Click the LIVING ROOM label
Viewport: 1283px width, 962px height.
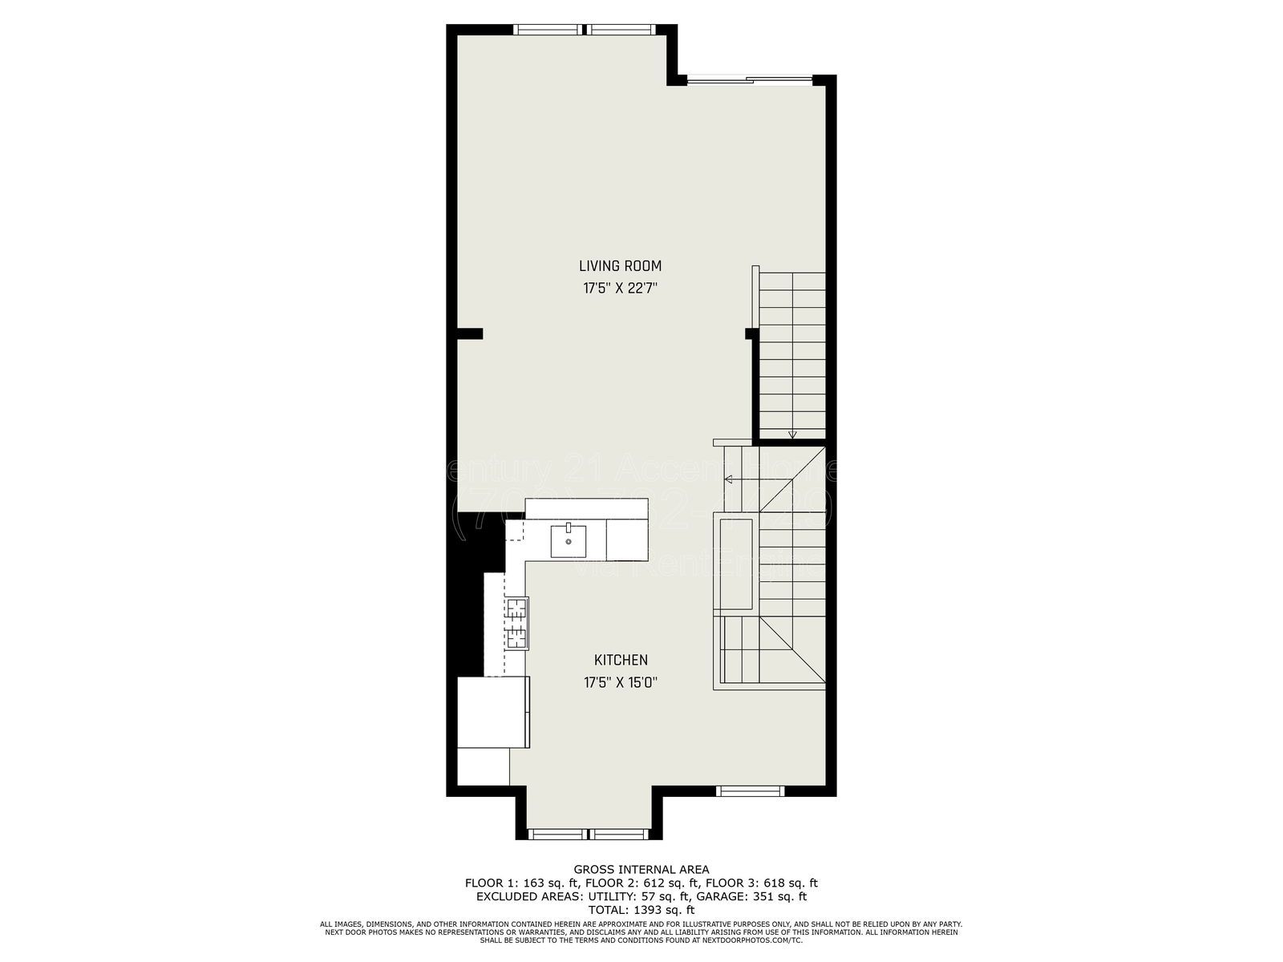pos(620,266)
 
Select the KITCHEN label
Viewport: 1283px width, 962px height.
pos(620,661)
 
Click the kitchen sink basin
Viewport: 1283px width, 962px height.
pos(569,541)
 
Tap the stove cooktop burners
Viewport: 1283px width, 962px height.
pos(516,623)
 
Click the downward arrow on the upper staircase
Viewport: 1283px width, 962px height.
pos(792,435)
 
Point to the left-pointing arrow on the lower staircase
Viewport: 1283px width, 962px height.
pos(729,480)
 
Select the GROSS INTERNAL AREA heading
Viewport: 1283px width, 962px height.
pos(641,869)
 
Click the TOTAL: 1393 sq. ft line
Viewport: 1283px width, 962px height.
pos(641,910)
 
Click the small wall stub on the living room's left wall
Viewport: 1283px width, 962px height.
pos(470,333)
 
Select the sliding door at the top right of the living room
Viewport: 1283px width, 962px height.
pos(751,79)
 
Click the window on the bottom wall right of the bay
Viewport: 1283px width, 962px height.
pos(749,791)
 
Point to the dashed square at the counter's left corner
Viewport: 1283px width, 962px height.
pos(514,530)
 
